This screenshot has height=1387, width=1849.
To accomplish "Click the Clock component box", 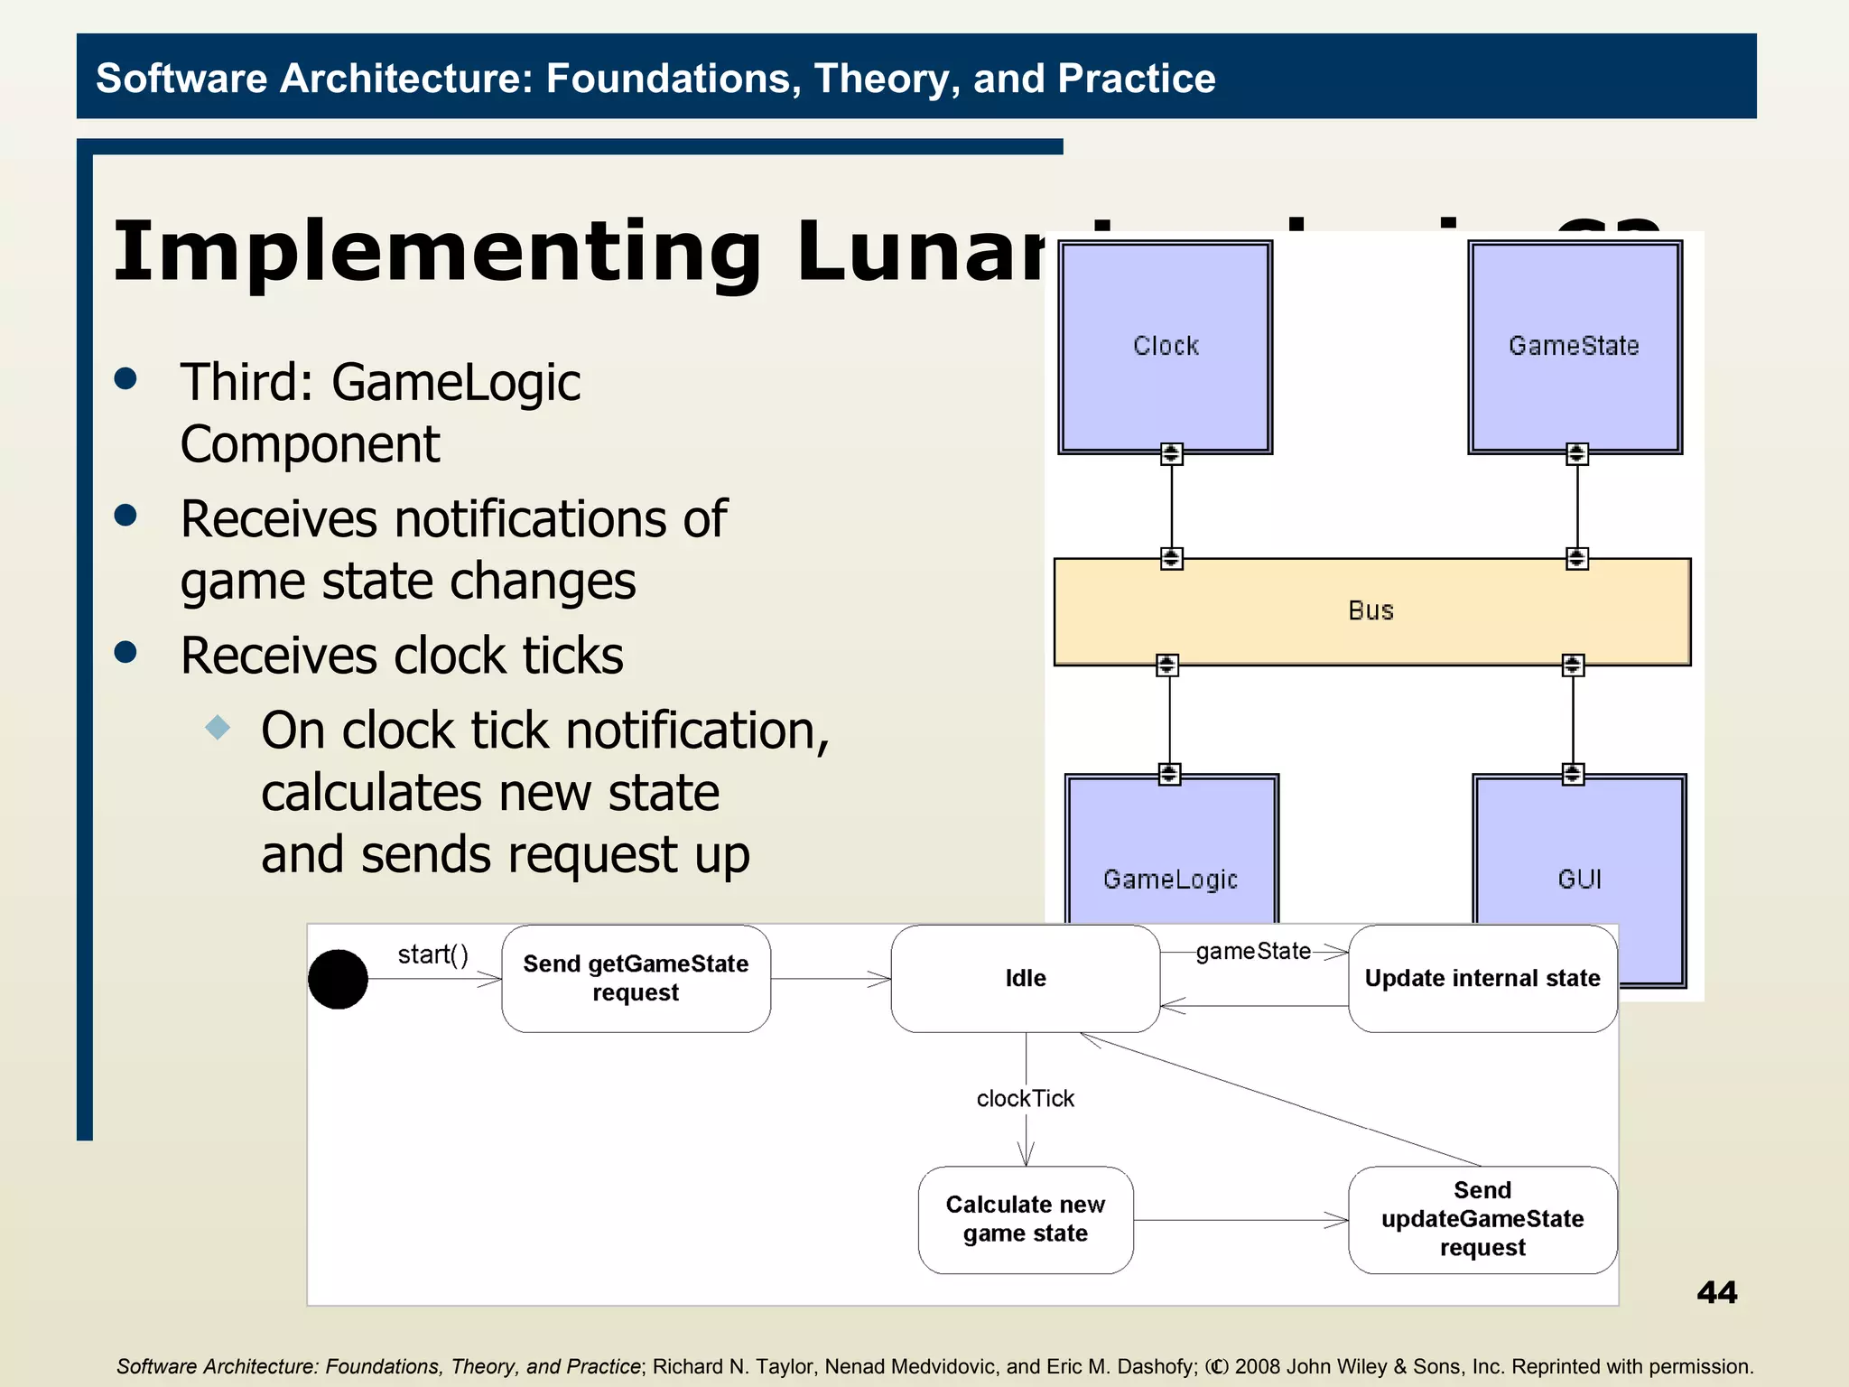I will click(1166, 347).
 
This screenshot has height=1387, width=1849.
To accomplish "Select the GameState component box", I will click(1575, 347).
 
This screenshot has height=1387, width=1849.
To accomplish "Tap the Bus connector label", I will click(1370, 611).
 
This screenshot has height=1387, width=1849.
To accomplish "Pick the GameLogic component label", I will click(1170, 880).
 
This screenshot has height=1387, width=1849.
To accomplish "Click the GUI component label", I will click(1579, 880).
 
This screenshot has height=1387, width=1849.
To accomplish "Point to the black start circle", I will click(338, 979).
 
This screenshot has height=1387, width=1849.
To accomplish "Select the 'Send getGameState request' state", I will click(636, 979).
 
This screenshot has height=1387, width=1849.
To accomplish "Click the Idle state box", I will click(1026, 979).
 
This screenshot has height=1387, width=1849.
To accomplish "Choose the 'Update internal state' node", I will click(1482, 979).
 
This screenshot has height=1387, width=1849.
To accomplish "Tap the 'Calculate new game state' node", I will click(1026, 1220).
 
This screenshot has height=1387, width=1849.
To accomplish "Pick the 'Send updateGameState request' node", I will click(1482, 1220).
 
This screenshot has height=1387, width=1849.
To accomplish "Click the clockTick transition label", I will click(1026, 1099).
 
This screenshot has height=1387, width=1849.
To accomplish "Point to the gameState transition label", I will click(1253, 952).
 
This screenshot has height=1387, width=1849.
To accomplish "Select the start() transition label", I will click(433, 955).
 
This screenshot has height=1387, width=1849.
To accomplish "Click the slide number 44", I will click(1716, 1293).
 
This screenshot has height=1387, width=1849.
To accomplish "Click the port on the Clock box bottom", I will click(1171, 453).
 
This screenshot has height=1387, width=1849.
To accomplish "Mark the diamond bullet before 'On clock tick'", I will click(218, 727).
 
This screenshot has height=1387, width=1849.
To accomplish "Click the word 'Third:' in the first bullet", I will click(246, 383).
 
